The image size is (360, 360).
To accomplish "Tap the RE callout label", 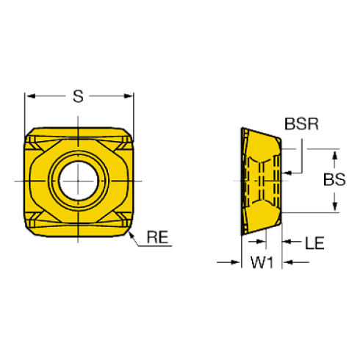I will [158, 237].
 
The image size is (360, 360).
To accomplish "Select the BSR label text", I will [300, 124].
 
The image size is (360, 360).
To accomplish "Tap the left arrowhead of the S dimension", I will [30, 96].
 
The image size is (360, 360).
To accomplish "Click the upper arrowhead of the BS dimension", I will [335, 154].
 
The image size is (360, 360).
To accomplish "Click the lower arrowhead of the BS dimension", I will [335, 207].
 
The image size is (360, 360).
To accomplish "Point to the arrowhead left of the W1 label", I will [237, 262].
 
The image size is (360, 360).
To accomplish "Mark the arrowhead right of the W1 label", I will [278, 262].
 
